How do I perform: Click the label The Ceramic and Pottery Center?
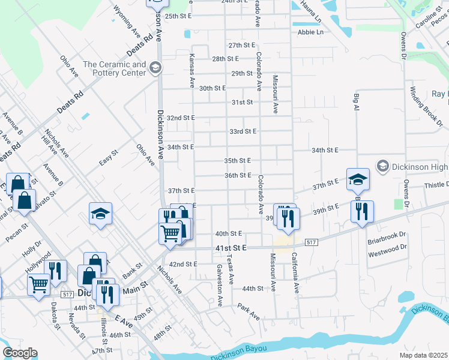[114, 68]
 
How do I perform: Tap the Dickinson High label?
[421, 166]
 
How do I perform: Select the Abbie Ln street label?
[310, 32]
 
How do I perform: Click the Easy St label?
[109, 159]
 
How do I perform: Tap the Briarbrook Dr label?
[387, 235]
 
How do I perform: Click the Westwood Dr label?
[387, 247]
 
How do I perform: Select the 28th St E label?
[226, 59]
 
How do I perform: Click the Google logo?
[20, 353]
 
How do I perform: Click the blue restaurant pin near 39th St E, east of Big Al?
[362, 211]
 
